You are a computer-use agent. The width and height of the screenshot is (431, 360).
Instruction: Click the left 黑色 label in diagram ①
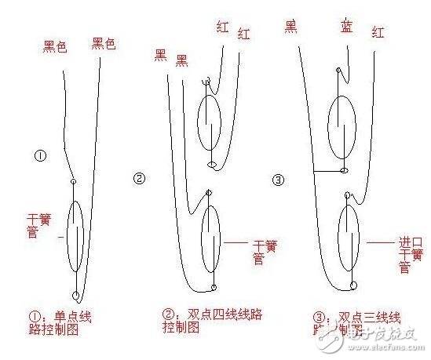[54, 46]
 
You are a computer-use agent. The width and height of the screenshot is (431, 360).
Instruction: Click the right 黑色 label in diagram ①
[104, 44]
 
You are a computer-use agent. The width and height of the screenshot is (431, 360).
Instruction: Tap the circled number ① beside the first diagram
[40, 155]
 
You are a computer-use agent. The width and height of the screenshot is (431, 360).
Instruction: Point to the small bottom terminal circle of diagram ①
[76, 296]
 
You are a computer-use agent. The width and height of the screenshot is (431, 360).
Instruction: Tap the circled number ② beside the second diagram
[140, 178]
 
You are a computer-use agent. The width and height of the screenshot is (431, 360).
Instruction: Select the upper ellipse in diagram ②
[209, 124]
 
